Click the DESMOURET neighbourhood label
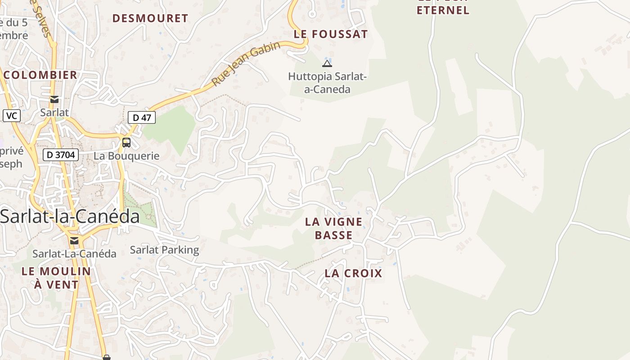pyautogui.click(x=150, y=18)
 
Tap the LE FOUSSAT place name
pyautogui.click(x=331, y=34)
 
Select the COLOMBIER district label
pyautogui.click(x=40, y=75)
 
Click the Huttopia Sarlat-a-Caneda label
pyautogui.click(x=328, y=83)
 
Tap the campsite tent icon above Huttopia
pyautogui.click(x=327, y=63)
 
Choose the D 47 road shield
pyautogui.click(x=142, y=118)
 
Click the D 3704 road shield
pyautogui.click(x=61, y=155)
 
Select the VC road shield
pyautogui.click(x=12, y=116)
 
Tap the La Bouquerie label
pyautogui.click(x=126, y=156)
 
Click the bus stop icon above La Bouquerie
pyautogui.click(x=126, y=143)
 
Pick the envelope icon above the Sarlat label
pyautogui.click(x=54, y=99)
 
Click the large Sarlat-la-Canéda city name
pyautogui.click(x=70, y=216)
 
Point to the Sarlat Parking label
pyautogui.click(x=164, y=250)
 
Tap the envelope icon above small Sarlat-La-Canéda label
pyautogui.click(x=74, y=241)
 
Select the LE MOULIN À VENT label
pyautogui.click(x=56, y=278)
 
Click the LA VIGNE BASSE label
pyautogui.click(x=333, y=228)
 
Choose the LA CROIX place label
pyautogui.click(x=353, y=273)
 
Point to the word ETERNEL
pyautogui.click(x=443, y=10)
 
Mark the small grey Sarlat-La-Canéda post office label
pyautogui.click(x=74, y=254)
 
